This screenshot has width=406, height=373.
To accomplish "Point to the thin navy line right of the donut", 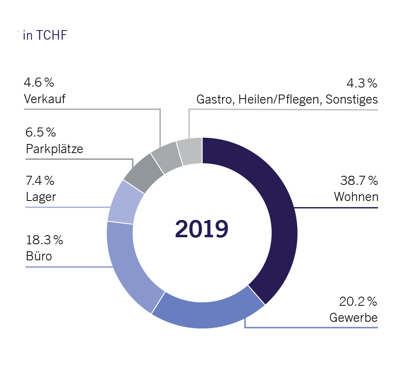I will pyautogui.click(x=350, y=208).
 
